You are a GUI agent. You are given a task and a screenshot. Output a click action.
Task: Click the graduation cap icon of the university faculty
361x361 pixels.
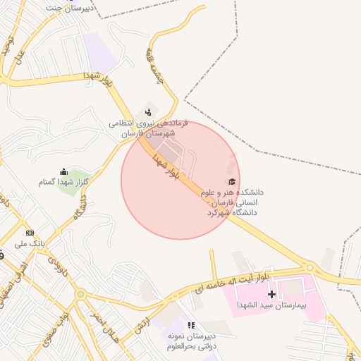point(231,181)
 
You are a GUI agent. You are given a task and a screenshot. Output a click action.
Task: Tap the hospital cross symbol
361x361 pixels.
point(271,293)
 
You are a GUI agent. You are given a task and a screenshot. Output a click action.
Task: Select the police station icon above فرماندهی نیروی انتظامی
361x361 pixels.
point(147,111)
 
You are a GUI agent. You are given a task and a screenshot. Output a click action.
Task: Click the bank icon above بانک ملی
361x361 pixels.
point(30,232)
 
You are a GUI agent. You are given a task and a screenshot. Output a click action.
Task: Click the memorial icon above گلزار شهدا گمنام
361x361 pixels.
point(63,171)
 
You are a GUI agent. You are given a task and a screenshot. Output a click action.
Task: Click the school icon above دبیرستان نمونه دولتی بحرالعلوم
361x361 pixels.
point(190,325)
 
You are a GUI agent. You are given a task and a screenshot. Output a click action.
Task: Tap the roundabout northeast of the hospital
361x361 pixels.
point(308,267)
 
